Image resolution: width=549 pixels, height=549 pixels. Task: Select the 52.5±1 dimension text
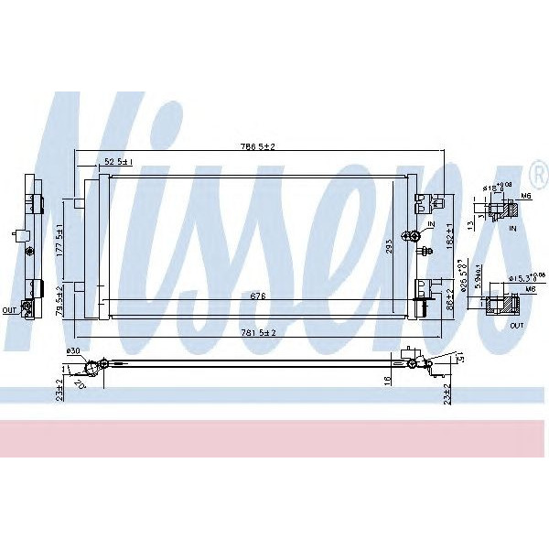(119, 161)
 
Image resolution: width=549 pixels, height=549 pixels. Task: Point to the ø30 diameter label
(73, 352)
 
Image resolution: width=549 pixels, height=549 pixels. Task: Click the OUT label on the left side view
(10, 310)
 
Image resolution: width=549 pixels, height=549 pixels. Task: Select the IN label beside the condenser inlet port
(431, 223)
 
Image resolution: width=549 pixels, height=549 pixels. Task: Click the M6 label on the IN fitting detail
(525, 196)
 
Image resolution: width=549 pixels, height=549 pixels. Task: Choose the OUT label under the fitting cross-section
(517, 325)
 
